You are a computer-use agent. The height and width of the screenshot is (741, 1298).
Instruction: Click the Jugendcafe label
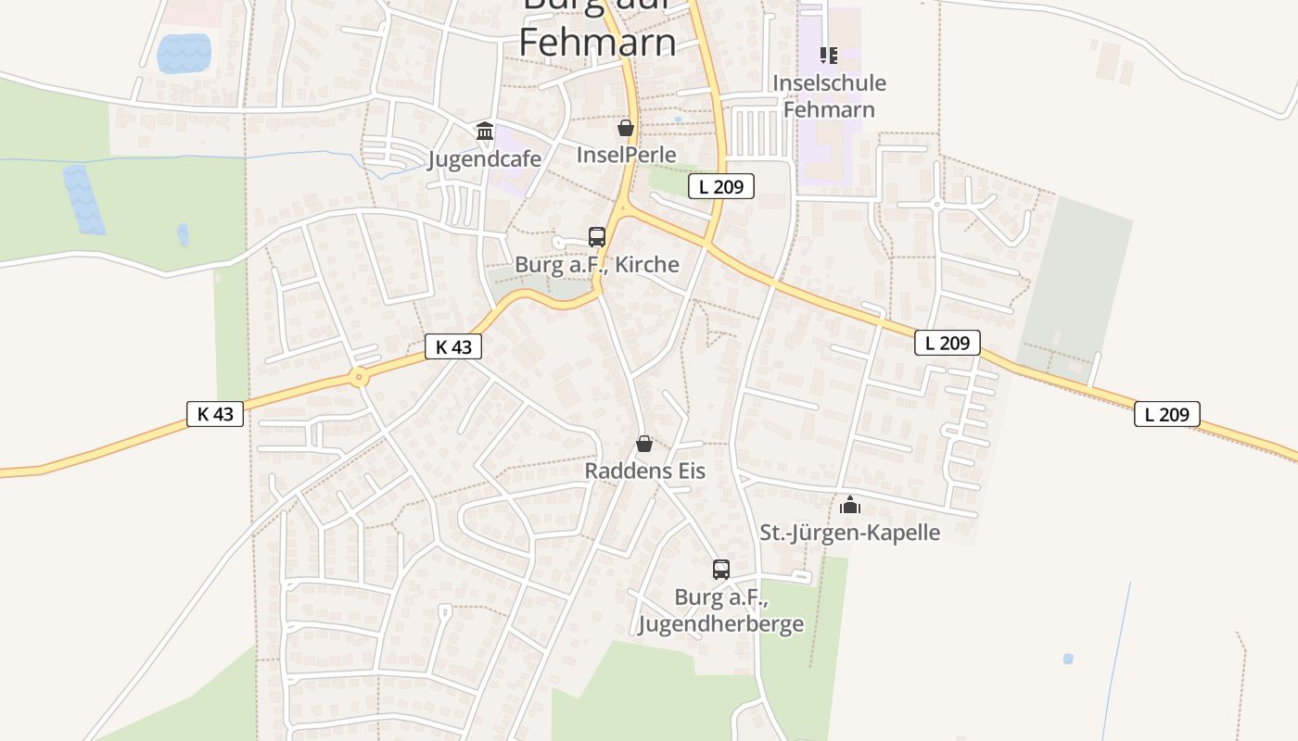pyautogui.click(x=484, y=158)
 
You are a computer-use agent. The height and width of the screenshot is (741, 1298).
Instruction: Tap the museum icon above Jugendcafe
pyautogui.click(x=484, y=131)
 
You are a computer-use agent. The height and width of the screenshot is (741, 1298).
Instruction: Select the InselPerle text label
pyautogui.click(x=626, y=154)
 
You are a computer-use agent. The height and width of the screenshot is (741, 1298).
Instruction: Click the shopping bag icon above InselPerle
pyautogui.click(x=626, y=127)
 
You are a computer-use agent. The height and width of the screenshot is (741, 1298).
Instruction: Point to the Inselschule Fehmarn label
pyautogui.click(x=829, y=96)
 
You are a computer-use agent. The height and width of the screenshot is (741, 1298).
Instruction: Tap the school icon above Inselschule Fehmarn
pyautogui.click(x=828, y=56)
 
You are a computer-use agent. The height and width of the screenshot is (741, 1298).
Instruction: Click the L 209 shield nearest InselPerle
pyautogui.click(x=720, y=186)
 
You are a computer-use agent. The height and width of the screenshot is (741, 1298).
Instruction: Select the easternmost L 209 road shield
pyautogui.click(x=1166, y=414)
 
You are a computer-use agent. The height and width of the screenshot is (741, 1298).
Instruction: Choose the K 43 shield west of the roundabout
pyautogui.click(x=215, y=413)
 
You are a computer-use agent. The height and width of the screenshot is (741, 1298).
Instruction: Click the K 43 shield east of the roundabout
pyautogui.click(x=452, y=347)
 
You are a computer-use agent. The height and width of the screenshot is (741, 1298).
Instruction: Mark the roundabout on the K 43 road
pyautogui.click(x=359, y=377)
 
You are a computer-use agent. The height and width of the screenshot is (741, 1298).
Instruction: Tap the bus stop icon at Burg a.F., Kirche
pyautogui.click(x=597, y=237)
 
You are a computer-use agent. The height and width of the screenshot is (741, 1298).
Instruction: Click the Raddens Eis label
pyautogui.click(x=644, y=471)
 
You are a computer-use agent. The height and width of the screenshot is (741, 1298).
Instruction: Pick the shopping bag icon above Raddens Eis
pyautogui.click(x=644, y=445)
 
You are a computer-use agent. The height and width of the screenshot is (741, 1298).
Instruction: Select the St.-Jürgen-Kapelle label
pyautogui.click(x=849, y=533)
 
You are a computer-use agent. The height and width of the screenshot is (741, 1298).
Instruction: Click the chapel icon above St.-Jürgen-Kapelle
pyautogui.click(x=849, y=505)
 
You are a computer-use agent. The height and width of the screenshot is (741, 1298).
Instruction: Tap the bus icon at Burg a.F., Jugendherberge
pyautogui.click(x=721, y=570)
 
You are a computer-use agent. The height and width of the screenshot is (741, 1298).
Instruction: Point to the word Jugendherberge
pyautogui.click(x=720, y=623)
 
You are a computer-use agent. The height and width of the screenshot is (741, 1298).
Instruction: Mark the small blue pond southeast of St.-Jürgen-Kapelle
pyautogui.click(x=1068, y=659)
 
